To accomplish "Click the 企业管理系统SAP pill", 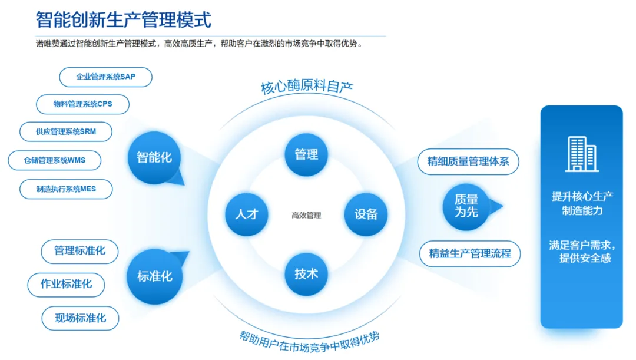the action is [105, 77].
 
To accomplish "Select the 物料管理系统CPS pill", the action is [83, 104].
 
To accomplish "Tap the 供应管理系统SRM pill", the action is [66, 132].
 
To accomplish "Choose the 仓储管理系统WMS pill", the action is [54, 160].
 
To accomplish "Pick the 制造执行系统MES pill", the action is [66, 189].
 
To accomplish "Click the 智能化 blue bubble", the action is [154, 157].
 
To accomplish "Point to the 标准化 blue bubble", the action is [154, 276].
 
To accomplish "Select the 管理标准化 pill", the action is [79, 251].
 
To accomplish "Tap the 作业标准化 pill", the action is [66, 285].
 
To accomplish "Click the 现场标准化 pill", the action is [80, 318].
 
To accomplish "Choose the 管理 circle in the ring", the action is [306, 154].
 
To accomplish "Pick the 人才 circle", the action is [247, 214].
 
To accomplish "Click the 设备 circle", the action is [366, 214].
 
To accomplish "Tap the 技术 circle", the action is [306, 274].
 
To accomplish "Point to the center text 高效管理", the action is [306, 215].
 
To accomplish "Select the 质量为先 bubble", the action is [466, 207].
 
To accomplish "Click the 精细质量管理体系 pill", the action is [468, 162].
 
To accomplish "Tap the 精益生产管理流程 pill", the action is [470, 254].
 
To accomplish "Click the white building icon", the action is [582, 154].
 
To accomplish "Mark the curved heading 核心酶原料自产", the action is [307, 87].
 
